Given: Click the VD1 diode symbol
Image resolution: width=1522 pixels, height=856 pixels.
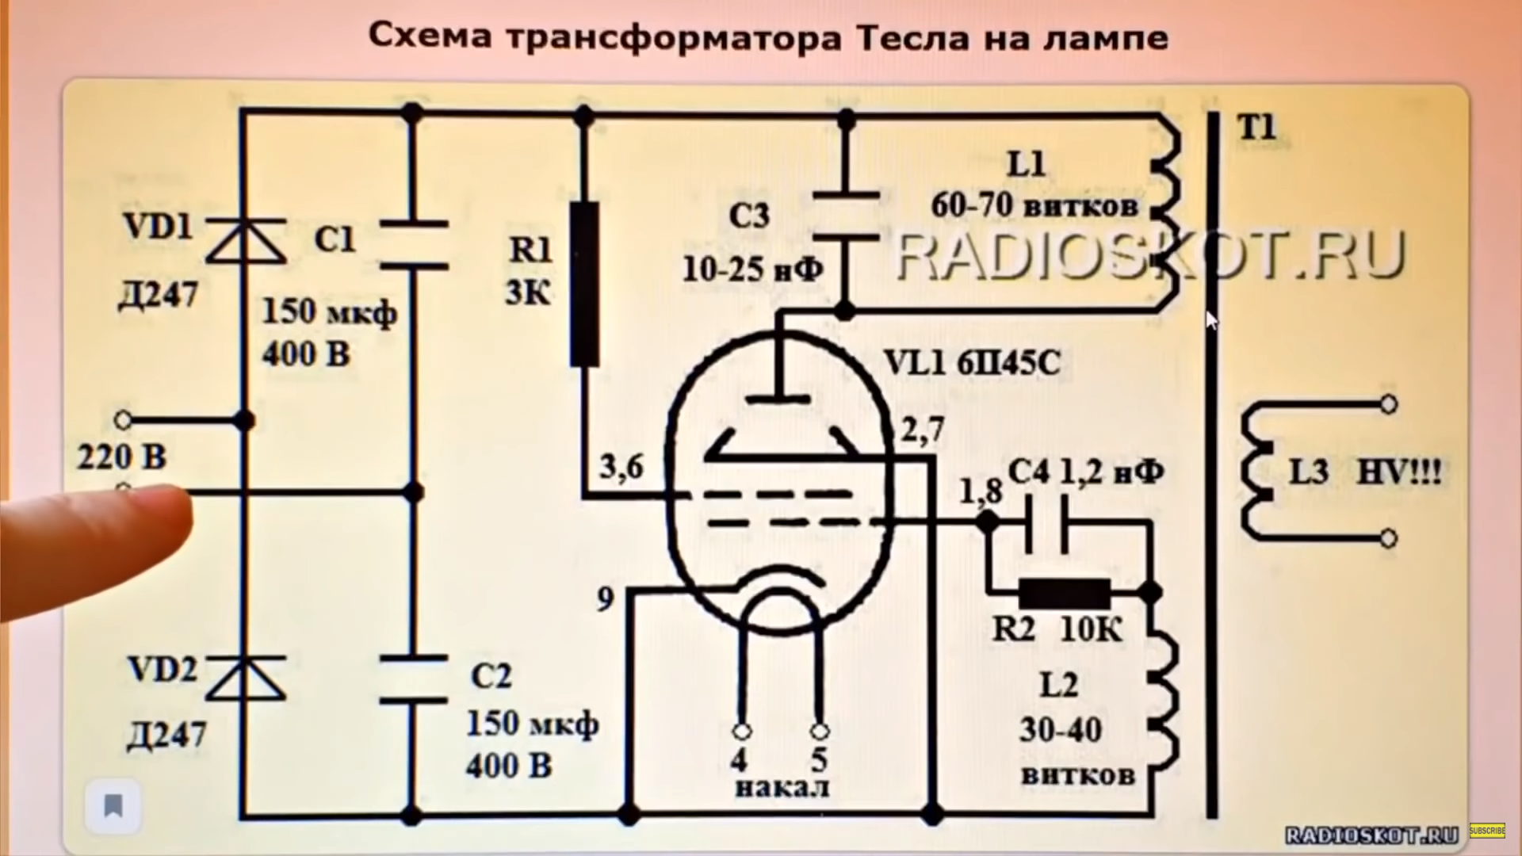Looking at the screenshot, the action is tap(245, 241).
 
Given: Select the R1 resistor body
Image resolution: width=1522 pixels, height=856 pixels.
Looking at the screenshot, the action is tap(585, 284).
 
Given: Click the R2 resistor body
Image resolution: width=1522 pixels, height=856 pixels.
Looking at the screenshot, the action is tap(1065, 593).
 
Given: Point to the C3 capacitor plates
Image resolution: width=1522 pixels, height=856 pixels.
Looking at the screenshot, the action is tap(847, 215).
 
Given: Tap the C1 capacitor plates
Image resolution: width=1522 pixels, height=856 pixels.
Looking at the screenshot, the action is tap(413, 246).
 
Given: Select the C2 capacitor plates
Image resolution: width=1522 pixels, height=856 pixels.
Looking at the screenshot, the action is tap(413, 679).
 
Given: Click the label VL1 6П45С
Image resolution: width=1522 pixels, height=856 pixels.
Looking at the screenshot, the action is tap(972, 363).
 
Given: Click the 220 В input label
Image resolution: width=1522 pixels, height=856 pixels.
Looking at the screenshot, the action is tap(121, 457).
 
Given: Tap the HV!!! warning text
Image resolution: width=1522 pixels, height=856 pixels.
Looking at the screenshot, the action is tap(1400, 472).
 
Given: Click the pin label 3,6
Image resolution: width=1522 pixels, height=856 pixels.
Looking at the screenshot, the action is tap(621, 468).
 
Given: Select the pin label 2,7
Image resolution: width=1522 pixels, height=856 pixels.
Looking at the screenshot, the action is tap(923, 430).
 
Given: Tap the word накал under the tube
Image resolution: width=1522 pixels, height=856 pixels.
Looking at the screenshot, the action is tap(782, 788).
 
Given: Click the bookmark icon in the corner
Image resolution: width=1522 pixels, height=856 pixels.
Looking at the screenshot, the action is tap(113, 806).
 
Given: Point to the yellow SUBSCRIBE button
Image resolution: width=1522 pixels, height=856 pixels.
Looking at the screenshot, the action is tap(1487, 831).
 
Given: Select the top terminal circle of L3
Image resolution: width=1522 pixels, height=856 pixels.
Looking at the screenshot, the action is tap(1388, 405).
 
